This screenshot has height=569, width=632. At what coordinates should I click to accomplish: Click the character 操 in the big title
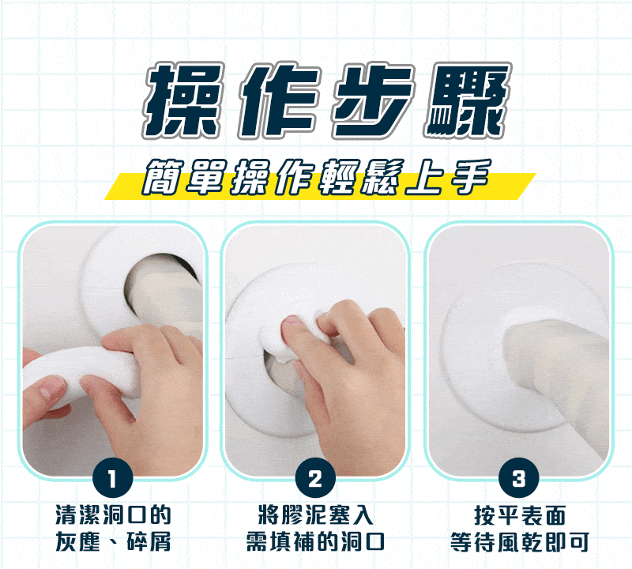182,100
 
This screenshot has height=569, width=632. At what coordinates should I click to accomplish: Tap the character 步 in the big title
374,100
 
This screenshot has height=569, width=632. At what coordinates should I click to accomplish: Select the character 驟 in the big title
468,100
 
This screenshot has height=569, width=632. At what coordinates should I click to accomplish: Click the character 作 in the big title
278,100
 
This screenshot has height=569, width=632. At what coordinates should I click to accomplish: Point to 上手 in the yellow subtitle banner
449,178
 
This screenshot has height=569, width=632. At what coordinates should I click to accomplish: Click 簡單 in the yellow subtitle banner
184,178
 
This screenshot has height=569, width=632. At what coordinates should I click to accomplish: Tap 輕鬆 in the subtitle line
359,178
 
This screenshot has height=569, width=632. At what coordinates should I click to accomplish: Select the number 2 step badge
315,478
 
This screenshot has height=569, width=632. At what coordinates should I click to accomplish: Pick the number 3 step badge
519,478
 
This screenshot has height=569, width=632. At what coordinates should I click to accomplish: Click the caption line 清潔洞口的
113,514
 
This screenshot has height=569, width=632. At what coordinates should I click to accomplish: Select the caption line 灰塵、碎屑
113,541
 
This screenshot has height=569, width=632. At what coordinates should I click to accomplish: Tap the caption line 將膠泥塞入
315,514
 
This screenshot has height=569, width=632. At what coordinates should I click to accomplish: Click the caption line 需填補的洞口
315,541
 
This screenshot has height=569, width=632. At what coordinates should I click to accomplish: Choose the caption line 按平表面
520,515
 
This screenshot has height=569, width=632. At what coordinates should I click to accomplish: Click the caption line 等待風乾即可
520,541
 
